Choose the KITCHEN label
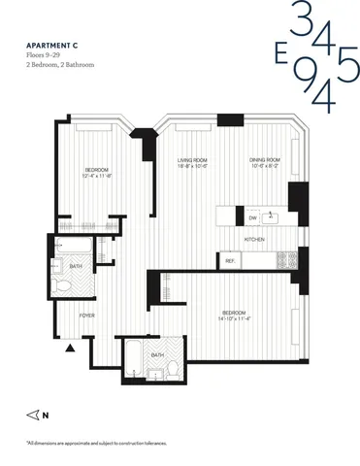pyautogui.click(x=255, y=239)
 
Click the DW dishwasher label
pyautogui.click(x=252, y=216)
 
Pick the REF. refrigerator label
pyautogui.click(x=231, y=261)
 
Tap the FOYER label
pyautogui.click(x=86, y=316)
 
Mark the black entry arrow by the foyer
pyautogui.click(x=69, y=347)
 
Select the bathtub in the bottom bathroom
pyautogui.click(x=133, y=355)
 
